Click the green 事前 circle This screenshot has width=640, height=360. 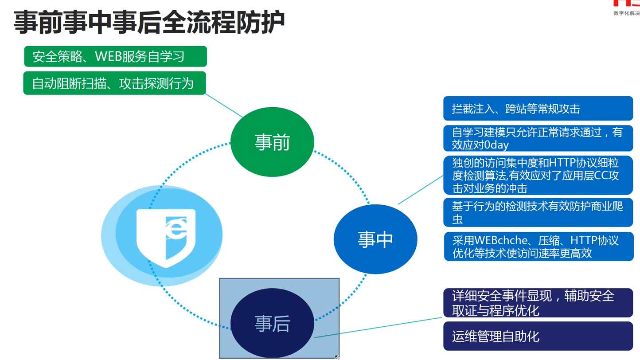coord(272,142)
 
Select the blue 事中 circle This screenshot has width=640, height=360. coord(375,239)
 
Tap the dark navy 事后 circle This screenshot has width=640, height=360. coord(272,323)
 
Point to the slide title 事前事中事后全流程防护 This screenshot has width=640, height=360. coord(149,22)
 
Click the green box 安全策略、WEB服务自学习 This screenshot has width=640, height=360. coord(115,57)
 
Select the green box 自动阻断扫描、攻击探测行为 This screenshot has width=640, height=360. coord(114,83)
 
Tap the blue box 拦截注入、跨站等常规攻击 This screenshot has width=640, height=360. coord(538,109)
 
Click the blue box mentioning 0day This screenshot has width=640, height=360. coord(538,138)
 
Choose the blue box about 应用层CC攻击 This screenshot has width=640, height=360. coord(538,175)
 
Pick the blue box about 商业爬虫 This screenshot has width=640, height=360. coord(538,212)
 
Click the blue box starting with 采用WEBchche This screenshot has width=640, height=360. coord(538,247)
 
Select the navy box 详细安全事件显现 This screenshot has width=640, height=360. coord(538,303)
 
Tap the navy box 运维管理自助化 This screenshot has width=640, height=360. coord(538,336)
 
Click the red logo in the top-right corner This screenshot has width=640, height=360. coord(627,4)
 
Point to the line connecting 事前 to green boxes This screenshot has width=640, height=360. coord(224,106)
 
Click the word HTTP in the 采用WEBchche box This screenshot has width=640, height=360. coord(585,241)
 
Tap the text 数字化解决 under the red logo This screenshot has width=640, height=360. coord(626,13)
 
